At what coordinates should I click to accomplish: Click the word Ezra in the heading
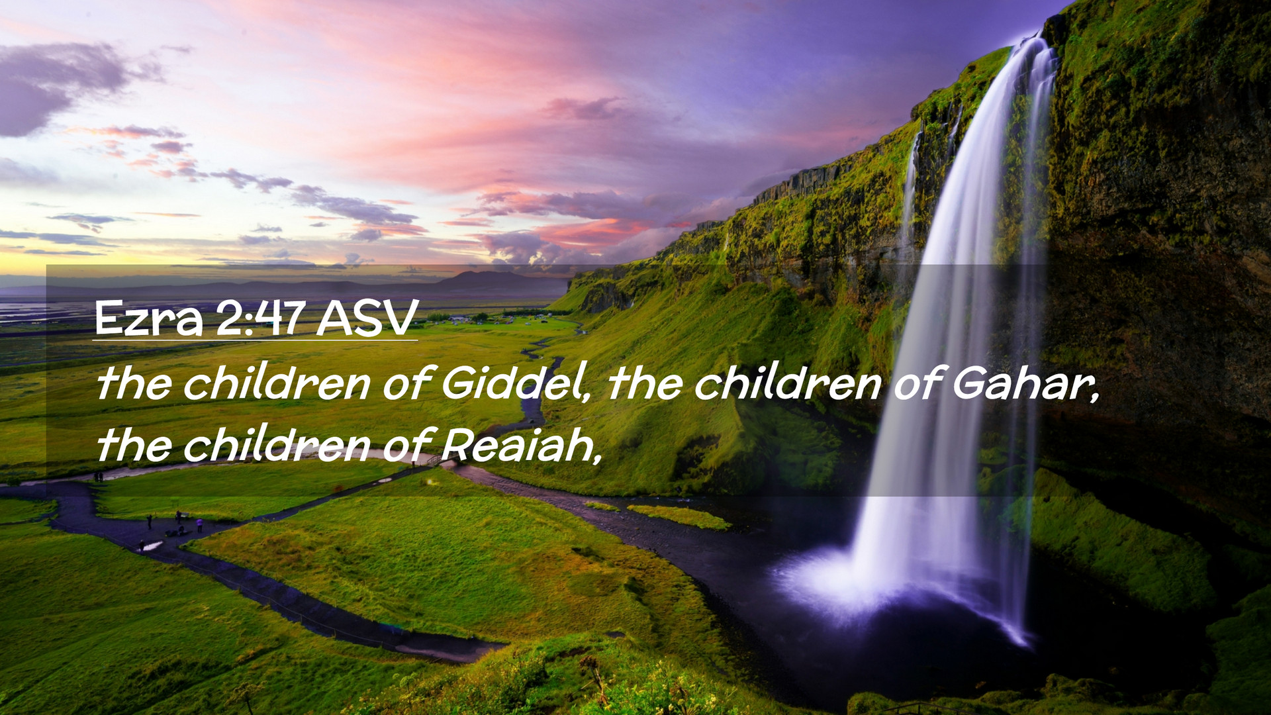(x=148, y=318)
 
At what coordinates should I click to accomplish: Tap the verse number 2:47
(x=261, y=318)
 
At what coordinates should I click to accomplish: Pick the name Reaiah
(x=521, y=444)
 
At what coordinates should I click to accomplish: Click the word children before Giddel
(x=276, y=383)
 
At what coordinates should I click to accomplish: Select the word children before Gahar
(x=787, y=383)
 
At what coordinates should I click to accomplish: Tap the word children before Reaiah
(x=276, y=444)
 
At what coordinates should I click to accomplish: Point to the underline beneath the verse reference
(x=255, y=340)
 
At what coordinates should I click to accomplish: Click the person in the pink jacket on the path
(x=199, y=524)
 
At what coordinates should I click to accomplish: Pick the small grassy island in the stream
(x=679, y=517)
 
